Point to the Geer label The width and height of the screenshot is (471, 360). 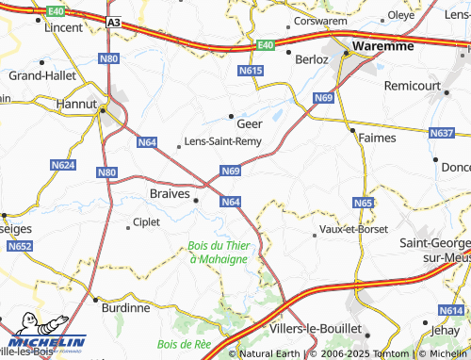[x=250, y=123]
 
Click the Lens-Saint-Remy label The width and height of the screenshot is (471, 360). [x=222, y=141]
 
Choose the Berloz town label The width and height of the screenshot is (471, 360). [x=311, y=58]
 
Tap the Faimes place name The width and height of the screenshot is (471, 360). [x=377, y=138]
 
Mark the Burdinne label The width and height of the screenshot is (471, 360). [x=125, y=307]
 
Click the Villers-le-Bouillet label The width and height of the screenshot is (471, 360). [x=316, y=330]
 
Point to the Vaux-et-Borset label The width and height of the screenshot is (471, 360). [x=353, y=229]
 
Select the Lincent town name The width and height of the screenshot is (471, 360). [x=64, y=28]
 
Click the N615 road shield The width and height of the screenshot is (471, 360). [x=251, y=71]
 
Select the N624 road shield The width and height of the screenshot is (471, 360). [x=63, y=165]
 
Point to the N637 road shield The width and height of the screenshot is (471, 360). [x=442, y=134]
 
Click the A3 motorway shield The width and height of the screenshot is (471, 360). [x=113, y=22]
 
